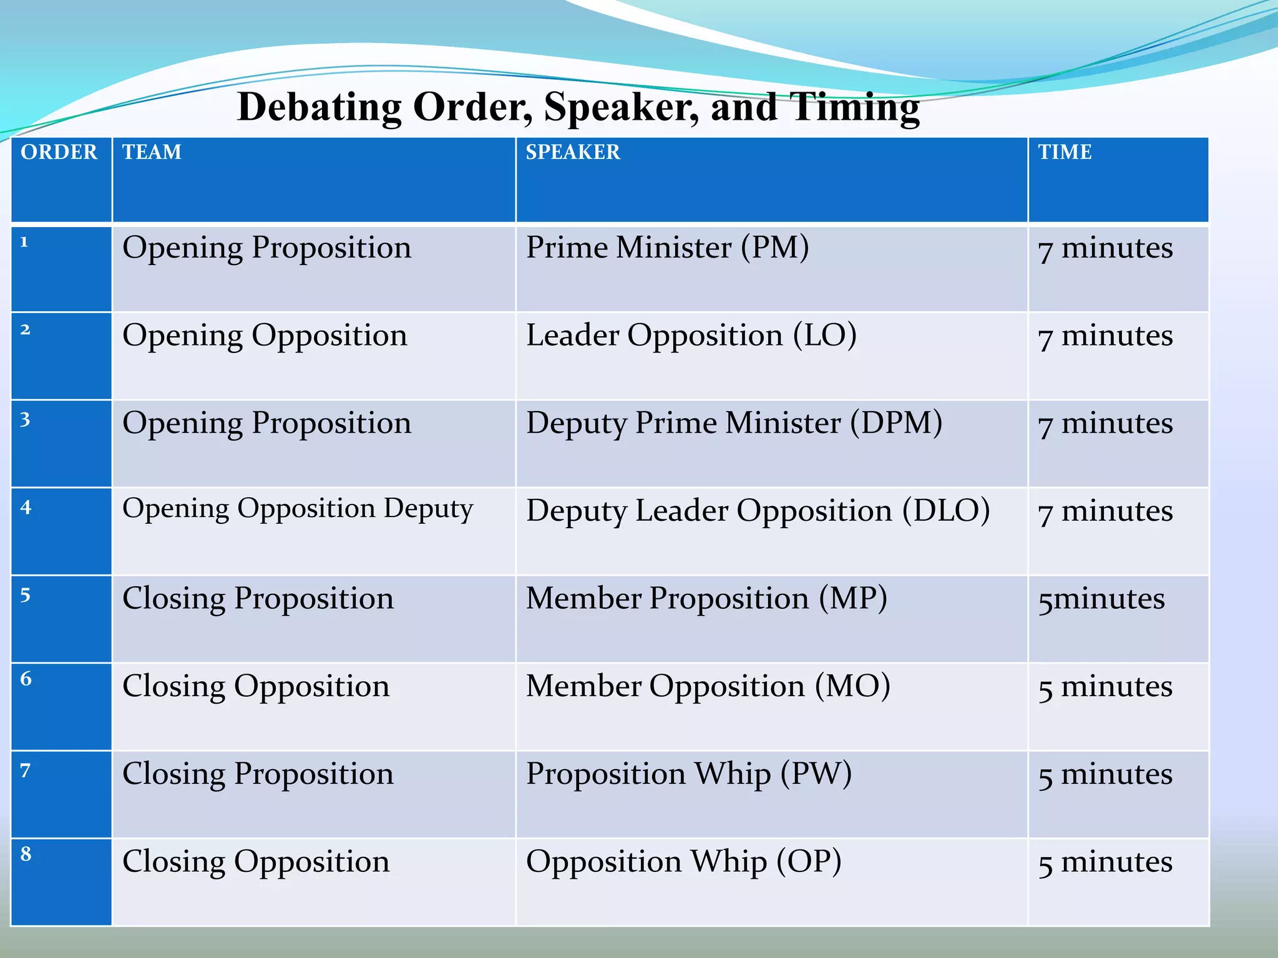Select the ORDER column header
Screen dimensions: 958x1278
pos(59,152)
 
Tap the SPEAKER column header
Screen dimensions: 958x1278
pos(573,152)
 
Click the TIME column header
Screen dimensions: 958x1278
pos(1065,152)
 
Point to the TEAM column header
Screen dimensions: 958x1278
pos(152,152)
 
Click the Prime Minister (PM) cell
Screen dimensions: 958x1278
pos(667,248)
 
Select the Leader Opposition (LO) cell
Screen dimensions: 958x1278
pos(691,336)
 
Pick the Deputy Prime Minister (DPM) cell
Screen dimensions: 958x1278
pos(734,423)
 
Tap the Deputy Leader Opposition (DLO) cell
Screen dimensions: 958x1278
pos(758,511)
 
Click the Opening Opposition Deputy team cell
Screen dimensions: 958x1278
pos(298,509)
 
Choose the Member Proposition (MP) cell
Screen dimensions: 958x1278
pos(706,599)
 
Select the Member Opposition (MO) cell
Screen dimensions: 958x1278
pos(708,686)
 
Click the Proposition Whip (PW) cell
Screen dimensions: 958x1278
pos(688,774)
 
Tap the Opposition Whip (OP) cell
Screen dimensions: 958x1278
pos(683,862)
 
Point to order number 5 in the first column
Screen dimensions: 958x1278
pos(26,595)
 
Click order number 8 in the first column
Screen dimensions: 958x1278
pos(26,854)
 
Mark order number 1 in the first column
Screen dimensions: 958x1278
pos(24,242)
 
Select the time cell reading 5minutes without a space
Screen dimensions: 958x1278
pos(1101,599)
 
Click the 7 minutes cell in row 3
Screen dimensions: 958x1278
pos(1105,424)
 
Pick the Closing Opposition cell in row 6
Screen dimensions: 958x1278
pos(256,687)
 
